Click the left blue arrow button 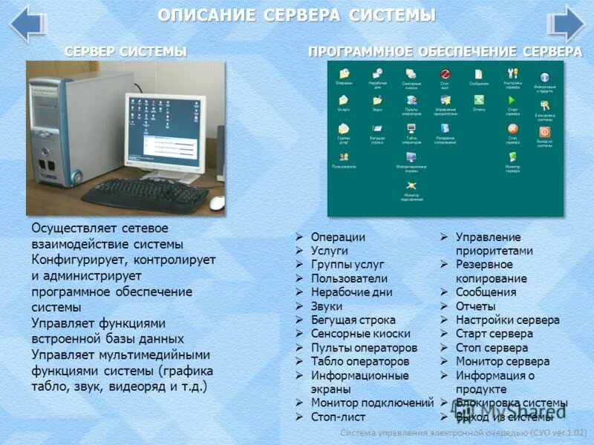tap(29, 24)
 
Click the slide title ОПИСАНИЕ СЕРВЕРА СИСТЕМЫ tap(297, 16)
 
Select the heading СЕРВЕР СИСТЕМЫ tap(125, 51)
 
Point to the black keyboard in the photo tap(145, 193)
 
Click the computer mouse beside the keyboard tap(216, 202)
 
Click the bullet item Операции tap(338, 237)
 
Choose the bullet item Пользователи tap(349, 278)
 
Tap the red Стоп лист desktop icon tap(445, 75)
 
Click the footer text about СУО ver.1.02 tap(464, 432)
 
